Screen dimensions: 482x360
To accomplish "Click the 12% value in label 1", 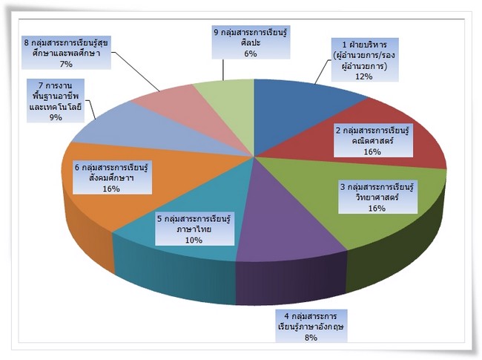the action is coord(364,76).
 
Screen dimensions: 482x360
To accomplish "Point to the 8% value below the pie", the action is coord(311,338).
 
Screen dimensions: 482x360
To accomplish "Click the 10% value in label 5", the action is coord(194,240).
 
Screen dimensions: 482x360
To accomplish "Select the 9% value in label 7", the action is coord(56,117).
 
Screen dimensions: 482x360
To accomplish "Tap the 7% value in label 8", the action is coord(66,64).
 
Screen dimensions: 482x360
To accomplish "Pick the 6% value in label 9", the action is coord(251,53).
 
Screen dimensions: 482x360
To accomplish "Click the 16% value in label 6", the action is coord(111,189).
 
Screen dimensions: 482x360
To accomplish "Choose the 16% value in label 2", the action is coord(372,151).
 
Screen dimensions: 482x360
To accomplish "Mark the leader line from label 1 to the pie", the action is coord(323,71).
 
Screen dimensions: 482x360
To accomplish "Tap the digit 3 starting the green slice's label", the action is coord(343,187).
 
